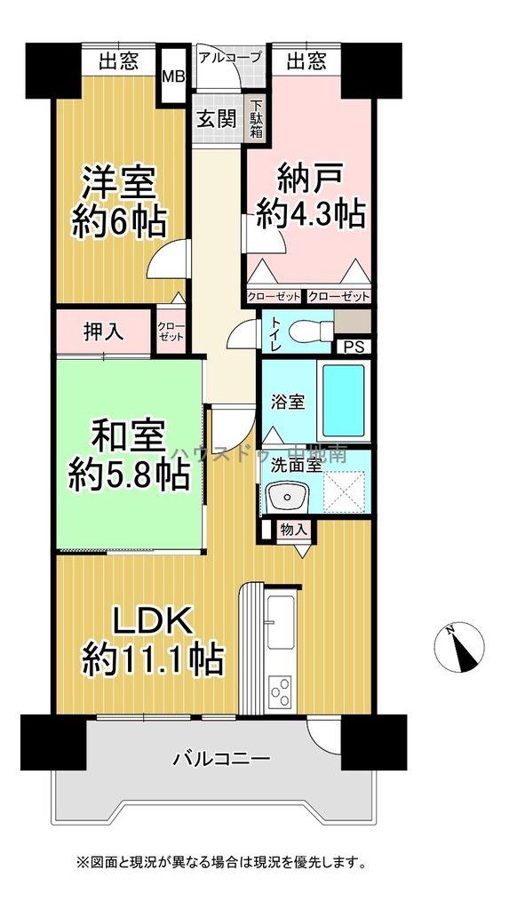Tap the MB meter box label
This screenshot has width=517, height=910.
[173, 76]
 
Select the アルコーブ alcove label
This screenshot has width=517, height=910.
[230, 57]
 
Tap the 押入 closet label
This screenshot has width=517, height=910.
[104, 331]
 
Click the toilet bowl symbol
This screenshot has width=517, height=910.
[307, 328]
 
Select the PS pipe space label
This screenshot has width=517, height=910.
[352, 347]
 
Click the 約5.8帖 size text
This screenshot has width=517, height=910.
[130, 477]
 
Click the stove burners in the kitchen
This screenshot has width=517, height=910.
[283, 690]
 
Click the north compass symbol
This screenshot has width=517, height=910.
[463, 645]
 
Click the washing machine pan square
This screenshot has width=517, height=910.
[340, 490]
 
